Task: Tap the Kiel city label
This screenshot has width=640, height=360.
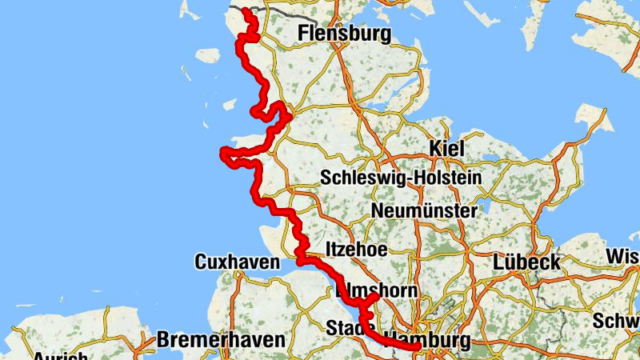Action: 447,148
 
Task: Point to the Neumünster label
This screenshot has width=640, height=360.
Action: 424,211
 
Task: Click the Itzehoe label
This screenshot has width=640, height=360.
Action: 356,250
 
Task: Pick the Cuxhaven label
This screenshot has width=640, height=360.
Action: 237,262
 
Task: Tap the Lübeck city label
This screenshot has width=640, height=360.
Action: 526,262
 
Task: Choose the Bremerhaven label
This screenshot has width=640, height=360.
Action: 221,339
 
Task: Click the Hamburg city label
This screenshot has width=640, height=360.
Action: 426,339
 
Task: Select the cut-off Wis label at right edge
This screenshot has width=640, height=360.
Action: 623,256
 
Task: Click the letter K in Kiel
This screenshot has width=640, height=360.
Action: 435,148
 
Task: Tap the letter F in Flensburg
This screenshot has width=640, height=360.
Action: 302,34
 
